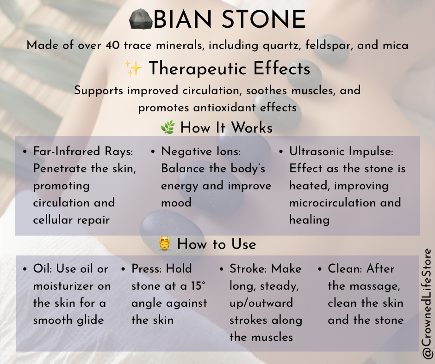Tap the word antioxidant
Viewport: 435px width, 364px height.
pyautogui.click(x=232, y=108)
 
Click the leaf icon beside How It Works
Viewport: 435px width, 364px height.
pyautogui.click(x=167, y=128)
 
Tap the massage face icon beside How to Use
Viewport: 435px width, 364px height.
pyautogui.click(x=165, y=243)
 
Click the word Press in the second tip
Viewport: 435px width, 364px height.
pyautogui.click(x=146, y=269)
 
